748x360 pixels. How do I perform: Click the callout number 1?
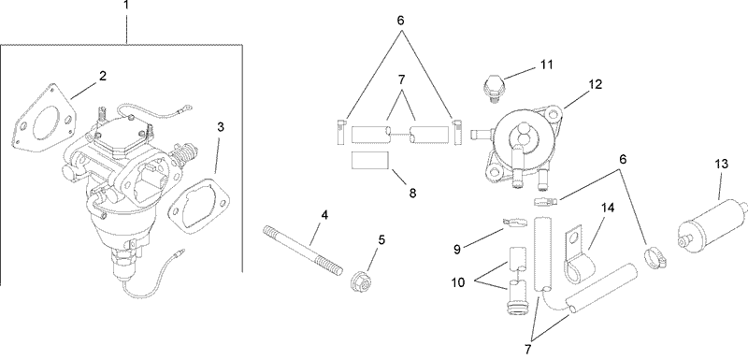coord(128,7)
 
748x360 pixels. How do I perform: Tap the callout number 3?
coord(221,126)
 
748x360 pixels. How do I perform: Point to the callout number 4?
coord(324,216)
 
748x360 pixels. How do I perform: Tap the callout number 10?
coord(458,282)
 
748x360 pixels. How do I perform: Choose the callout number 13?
coord(720,164)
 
